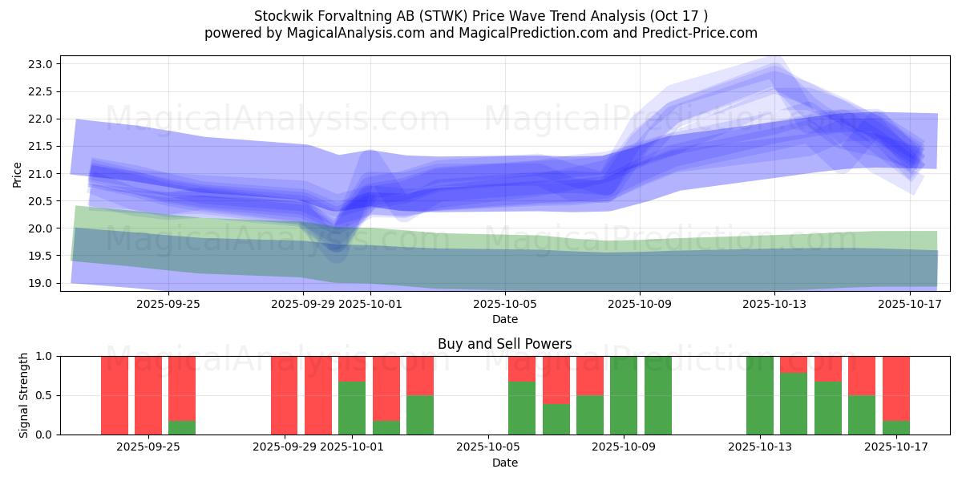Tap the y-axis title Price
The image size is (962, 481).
(x=18, y=173)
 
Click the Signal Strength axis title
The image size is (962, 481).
(x=24, y=394)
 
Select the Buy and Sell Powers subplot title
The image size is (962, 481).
(x=504, y=344)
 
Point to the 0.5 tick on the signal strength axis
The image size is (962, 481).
(x=43, y=395)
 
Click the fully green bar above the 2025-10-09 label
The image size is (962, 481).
(x=624, y=394)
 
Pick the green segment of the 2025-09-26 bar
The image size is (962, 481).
(x=182, y=427)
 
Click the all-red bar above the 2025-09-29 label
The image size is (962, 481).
(x=284, y=394)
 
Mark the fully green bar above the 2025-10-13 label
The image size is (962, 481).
(x=759, y=394)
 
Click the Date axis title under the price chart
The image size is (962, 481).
(x=504, y=319)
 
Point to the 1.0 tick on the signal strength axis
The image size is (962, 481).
(x=43, y=356)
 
